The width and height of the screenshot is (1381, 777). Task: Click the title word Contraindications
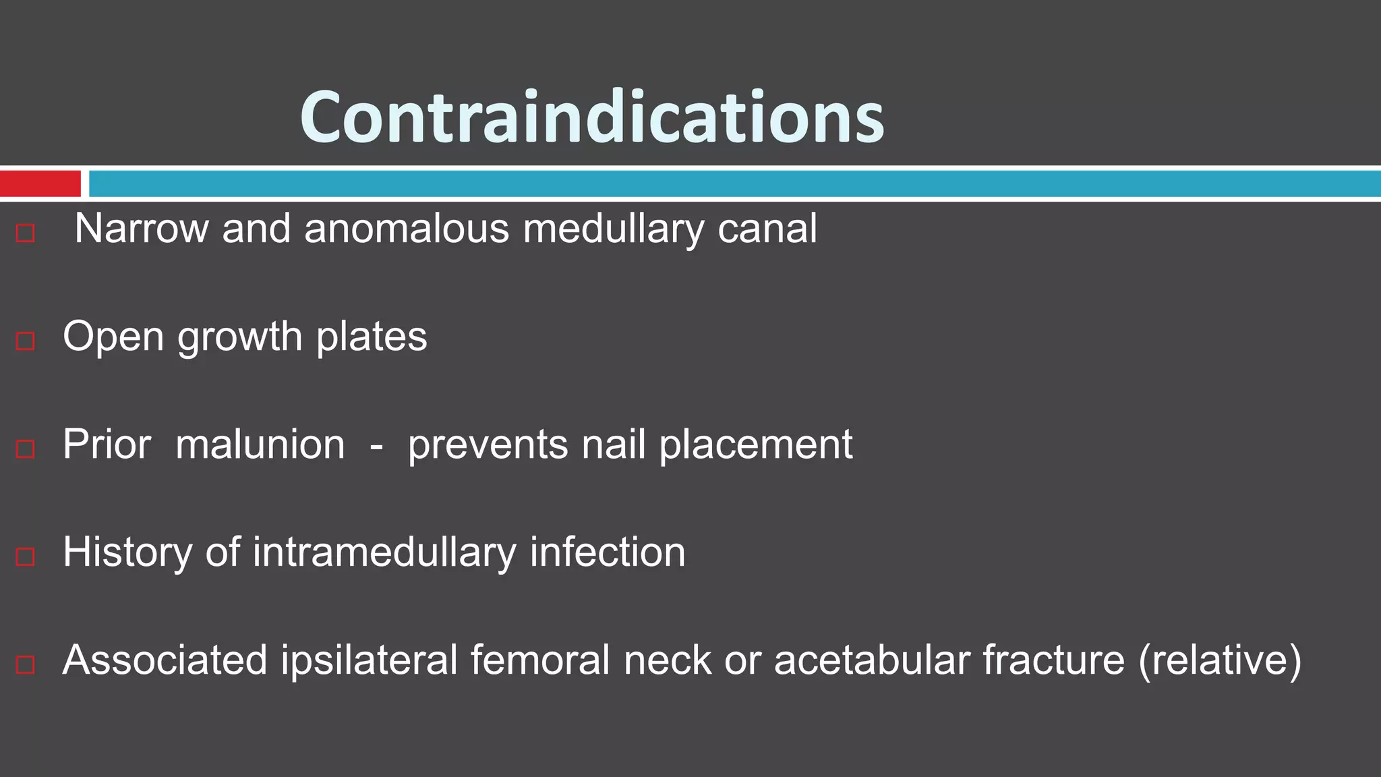point(591,118)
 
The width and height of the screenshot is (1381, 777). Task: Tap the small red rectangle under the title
point(40,183)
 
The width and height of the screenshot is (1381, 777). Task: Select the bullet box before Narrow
point(26,233)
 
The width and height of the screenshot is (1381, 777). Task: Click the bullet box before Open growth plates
point(26,341)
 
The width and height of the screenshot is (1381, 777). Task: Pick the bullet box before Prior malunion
point(26,449)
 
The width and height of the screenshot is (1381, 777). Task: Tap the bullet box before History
point(26,556)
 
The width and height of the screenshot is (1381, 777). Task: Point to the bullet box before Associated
point(26,664)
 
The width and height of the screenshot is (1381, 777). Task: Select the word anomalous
point(407,229)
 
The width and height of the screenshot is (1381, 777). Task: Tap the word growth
point(239,337)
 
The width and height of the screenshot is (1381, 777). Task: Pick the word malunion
point(260,444)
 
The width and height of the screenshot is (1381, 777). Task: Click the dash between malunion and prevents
point(376,446)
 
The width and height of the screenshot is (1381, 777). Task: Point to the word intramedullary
point(384,552)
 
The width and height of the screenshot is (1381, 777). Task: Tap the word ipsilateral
point(370,660)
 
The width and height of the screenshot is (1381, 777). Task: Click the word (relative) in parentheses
point(1219,660)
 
